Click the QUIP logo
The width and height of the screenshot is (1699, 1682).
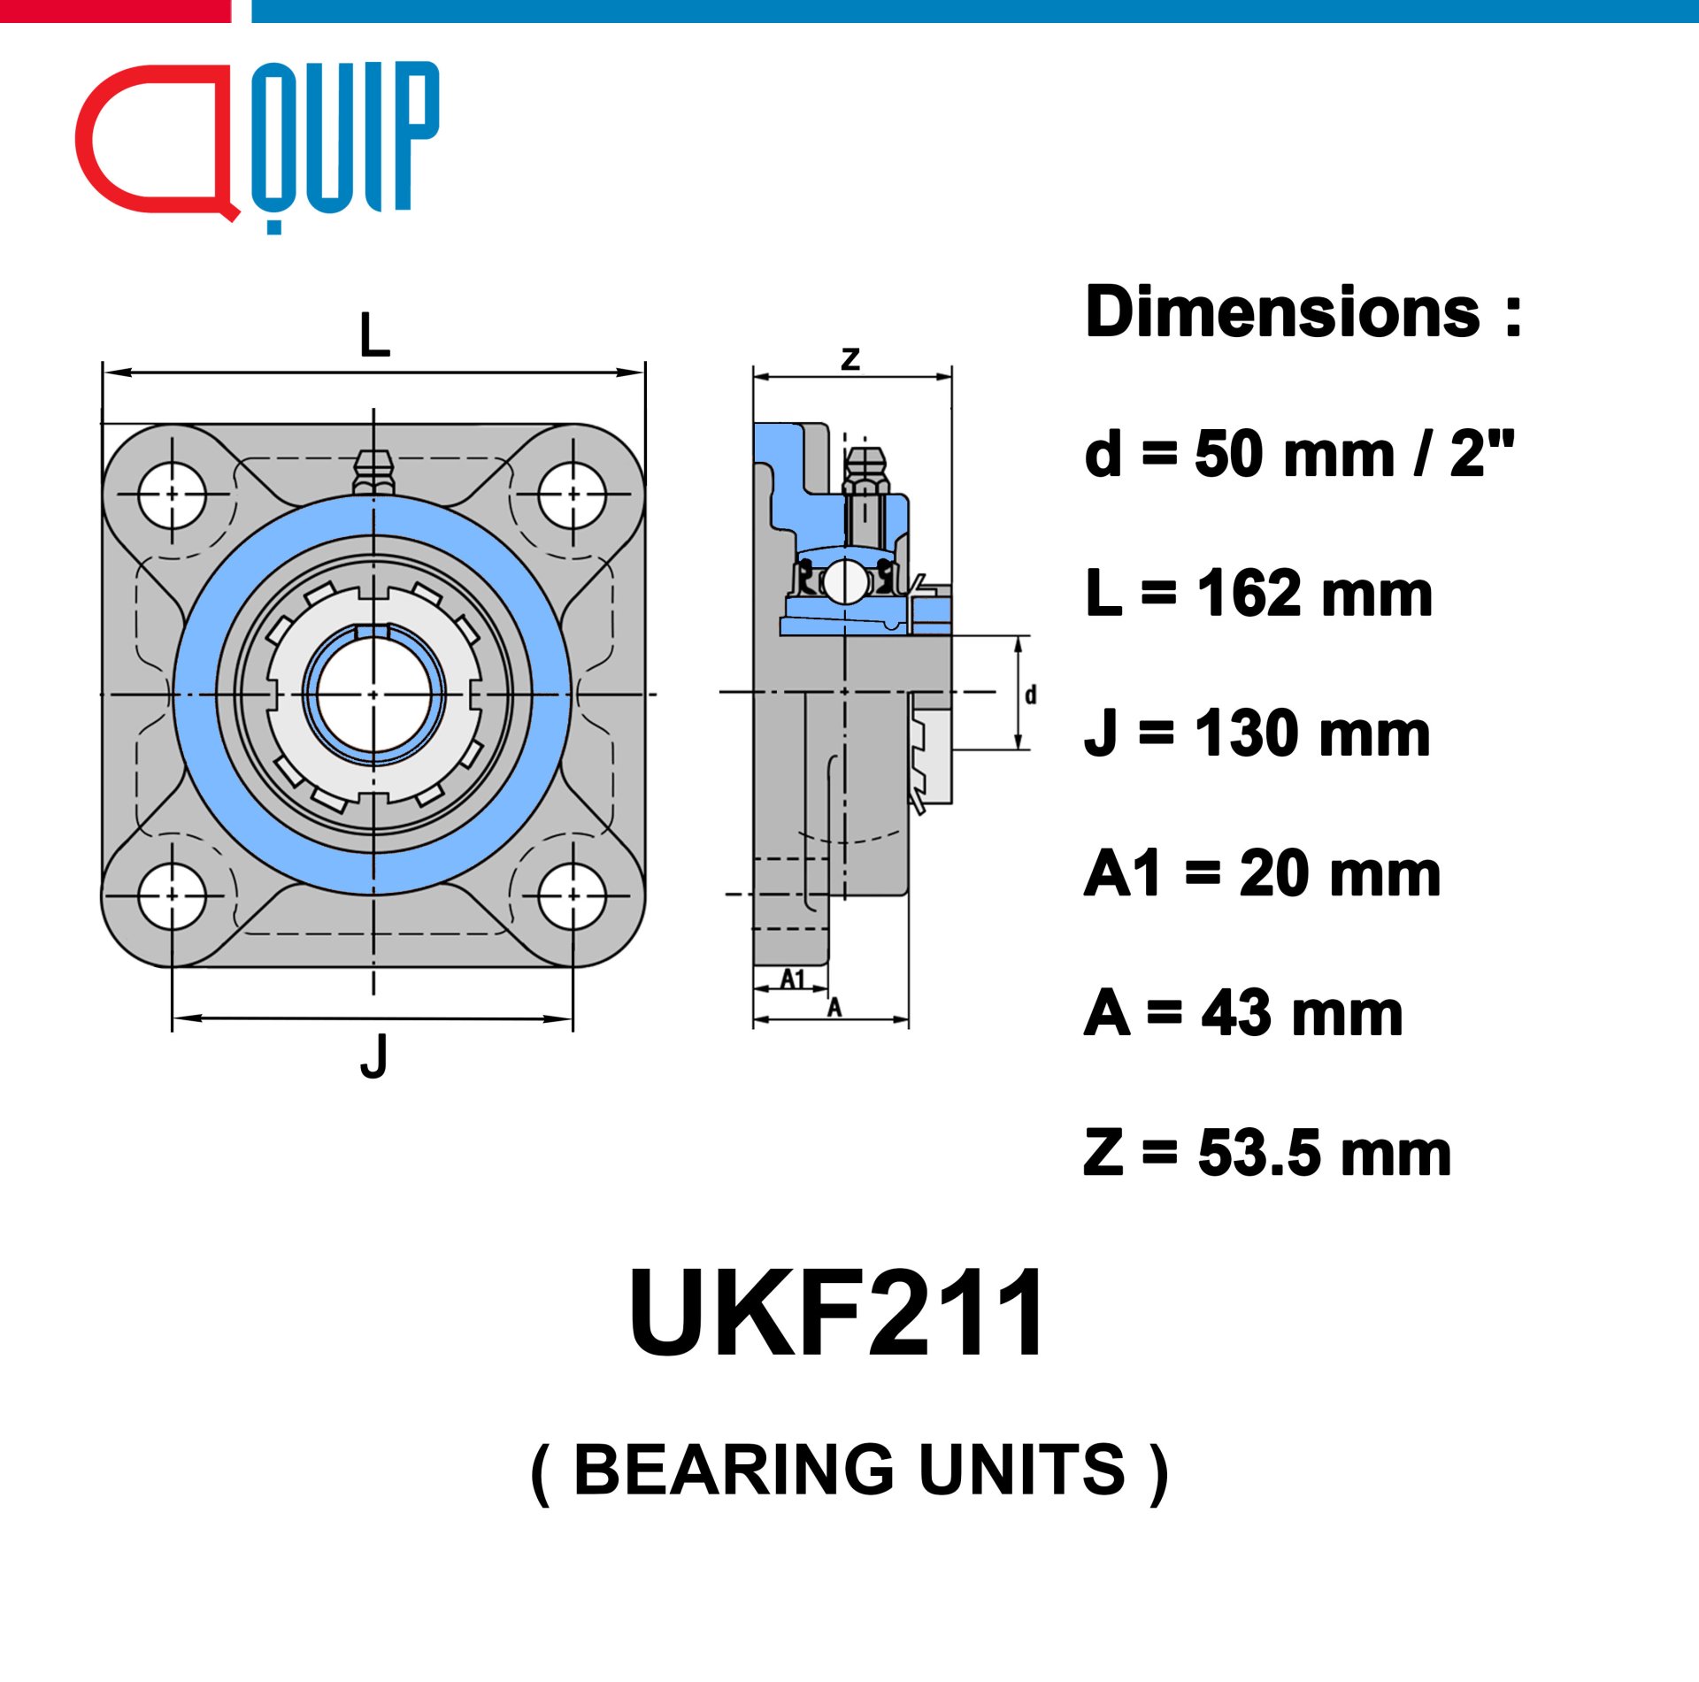[257, 146]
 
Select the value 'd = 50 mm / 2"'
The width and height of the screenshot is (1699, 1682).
[1299, 454]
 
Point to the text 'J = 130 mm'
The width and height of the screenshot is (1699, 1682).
[1257, 733]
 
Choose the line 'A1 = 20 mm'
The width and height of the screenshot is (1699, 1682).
[1263, 873]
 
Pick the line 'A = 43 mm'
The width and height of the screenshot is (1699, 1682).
[1243, 1013]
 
